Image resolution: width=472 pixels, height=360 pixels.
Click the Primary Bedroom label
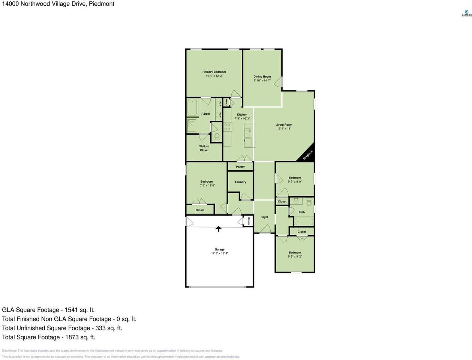pyautogui.click(x=214, y=72)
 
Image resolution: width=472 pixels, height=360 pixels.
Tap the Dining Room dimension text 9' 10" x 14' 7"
pyautogui.click(x=262, y=80)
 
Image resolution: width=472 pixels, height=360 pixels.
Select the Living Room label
pyautogui.click(x=284, y=125)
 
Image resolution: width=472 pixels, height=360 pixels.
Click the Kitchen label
pyautogui.click(x=242, y=114)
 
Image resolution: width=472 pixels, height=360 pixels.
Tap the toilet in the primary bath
pyautogui.click(x=216, y=137)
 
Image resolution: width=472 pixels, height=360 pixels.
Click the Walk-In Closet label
pyautogui.click(x=204, y=148)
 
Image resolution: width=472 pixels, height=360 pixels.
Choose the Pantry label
pyautogui.click(x=240, y=167)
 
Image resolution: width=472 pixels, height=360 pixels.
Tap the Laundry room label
pyautogui.click(x=240, y=182)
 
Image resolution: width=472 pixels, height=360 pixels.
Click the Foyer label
pyautogui.click(x=264, y=217)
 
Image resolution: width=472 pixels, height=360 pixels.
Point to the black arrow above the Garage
pyautogui.click(x=218, y=229)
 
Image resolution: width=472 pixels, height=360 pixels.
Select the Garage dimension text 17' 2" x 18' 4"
pyautogui.click(x=219, y=253)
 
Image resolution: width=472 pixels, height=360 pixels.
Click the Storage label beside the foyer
pyautogui.click(x=248, y=221)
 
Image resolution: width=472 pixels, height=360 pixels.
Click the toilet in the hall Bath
pyautogui.click(x=309, y=203)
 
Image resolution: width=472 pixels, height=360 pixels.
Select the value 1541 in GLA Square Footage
pyautogui.click(x=71, y=310)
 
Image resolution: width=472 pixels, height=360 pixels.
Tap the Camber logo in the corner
pyautogui.click(x=466, y=13)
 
